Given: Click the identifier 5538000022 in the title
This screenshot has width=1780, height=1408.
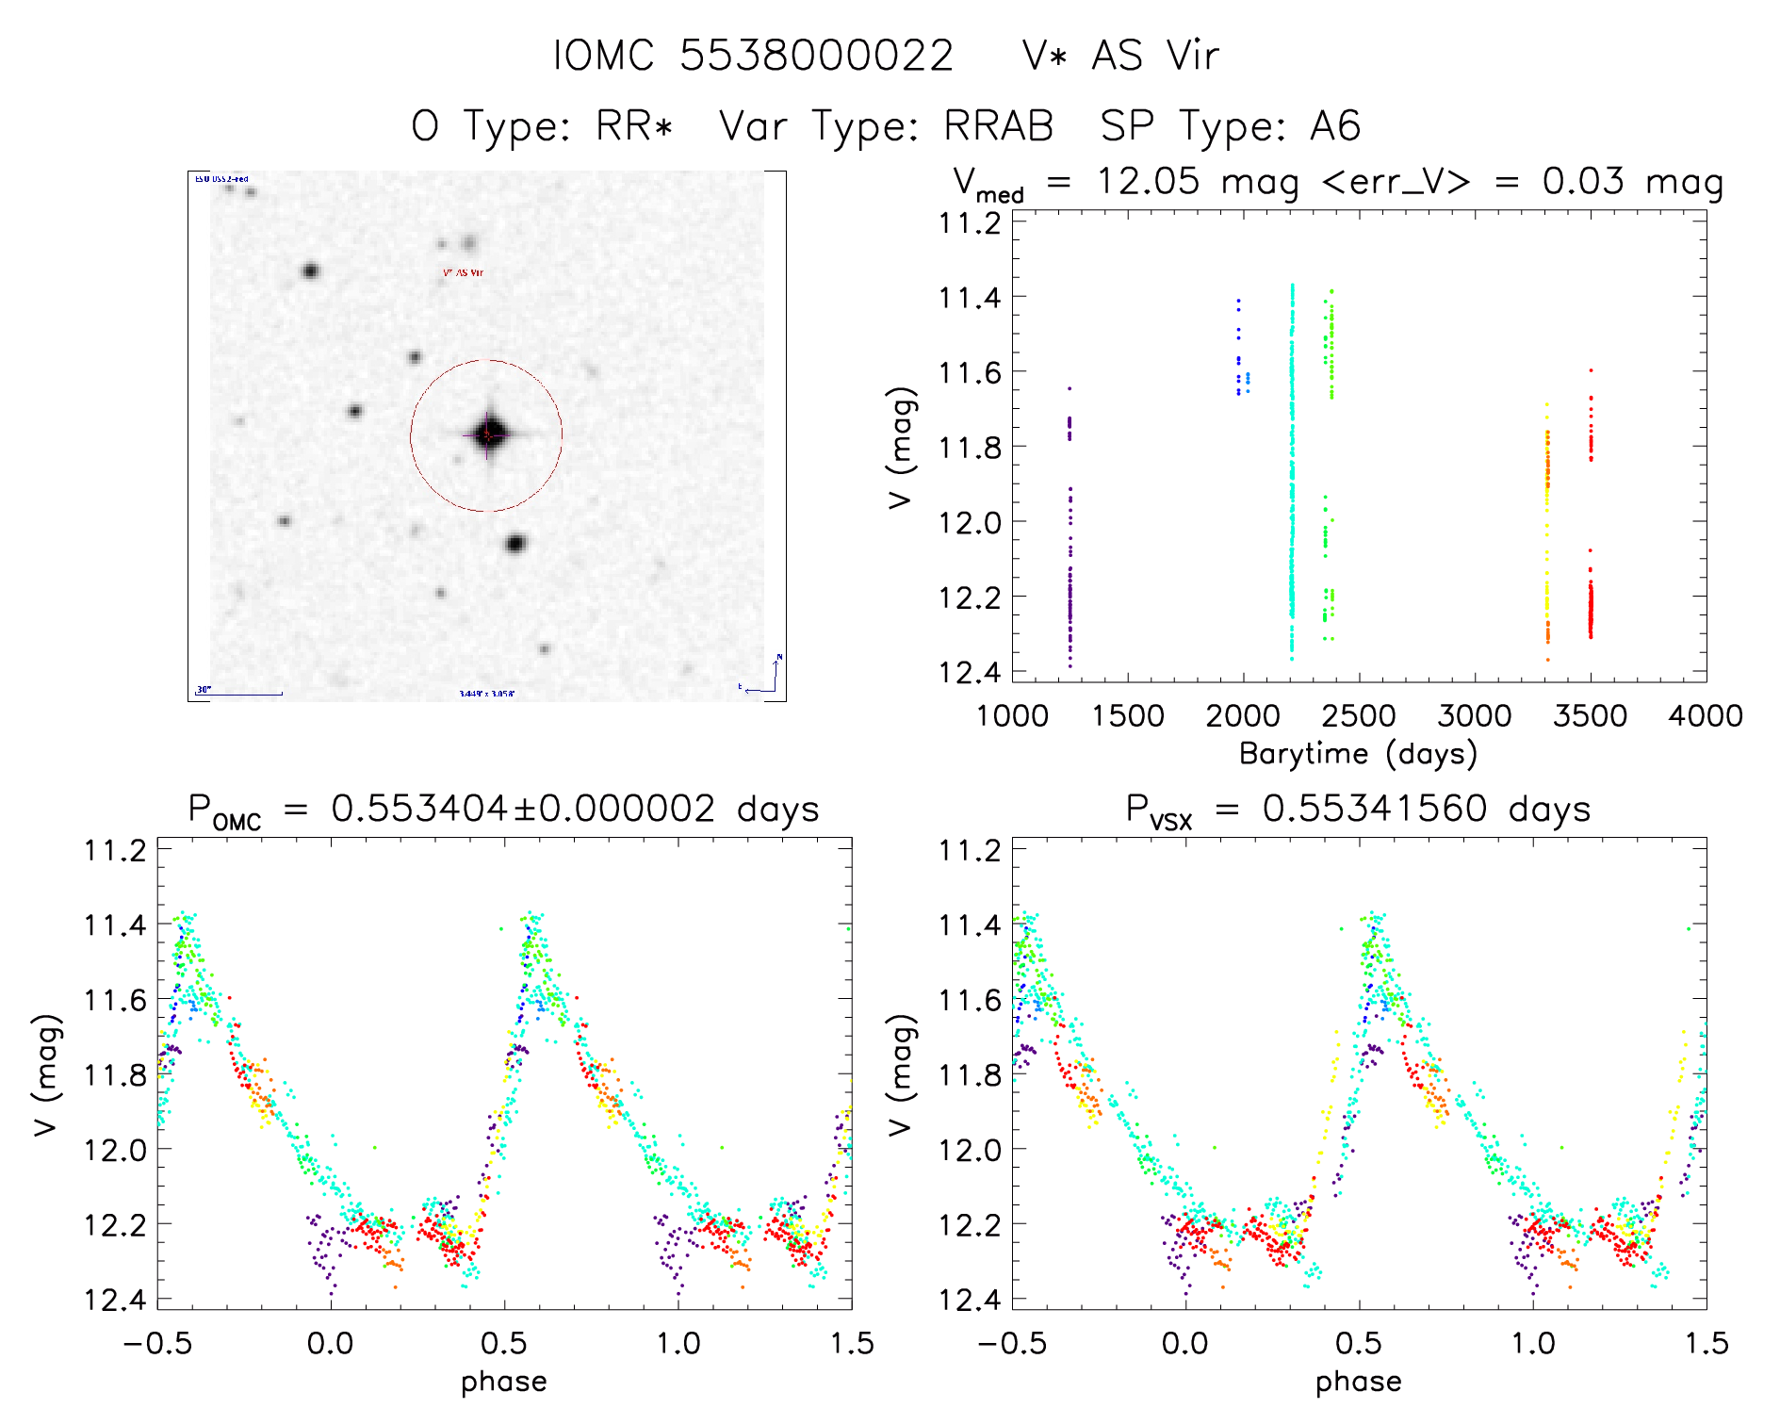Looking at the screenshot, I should [x=816, y=56].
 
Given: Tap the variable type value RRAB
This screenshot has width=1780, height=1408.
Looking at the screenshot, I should [x=999, y=126].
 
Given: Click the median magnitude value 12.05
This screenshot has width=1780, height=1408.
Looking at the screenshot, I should [x=1148, y=181].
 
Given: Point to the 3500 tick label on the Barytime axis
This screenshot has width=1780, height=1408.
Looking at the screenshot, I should [x=1590, y=716].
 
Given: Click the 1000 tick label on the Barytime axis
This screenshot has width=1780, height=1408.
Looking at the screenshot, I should [x=1012, y=716].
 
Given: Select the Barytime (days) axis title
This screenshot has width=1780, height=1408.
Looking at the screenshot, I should [x=1358, y=754].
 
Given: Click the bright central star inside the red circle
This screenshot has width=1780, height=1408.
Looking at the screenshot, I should [x=488, y=434].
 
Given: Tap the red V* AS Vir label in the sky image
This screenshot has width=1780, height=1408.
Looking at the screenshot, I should [x=463, y=272].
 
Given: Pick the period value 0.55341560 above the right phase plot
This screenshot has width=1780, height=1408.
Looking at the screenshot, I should [x=1375, y=809].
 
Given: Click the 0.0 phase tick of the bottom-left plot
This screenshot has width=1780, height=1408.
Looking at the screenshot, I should [x=331, y=1343].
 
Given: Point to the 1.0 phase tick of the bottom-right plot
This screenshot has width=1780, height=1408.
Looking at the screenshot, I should [x=1533, y=1343].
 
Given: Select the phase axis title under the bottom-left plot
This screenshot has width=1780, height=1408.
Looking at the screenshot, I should [x=504, y=1382].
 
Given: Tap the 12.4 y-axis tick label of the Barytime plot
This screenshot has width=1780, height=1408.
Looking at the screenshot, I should [x=969, y=672].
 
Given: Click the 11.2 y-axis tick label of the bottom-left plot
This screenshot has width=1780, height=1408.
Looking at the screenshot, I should [x=114, y=850].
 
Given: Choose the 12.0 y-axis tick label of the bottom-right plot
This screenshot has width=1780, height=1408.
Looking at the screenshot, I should [x=969, y=1150].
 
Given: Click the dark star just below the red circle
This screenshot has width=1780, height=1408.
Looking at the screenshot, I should [x=514, y=544].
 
